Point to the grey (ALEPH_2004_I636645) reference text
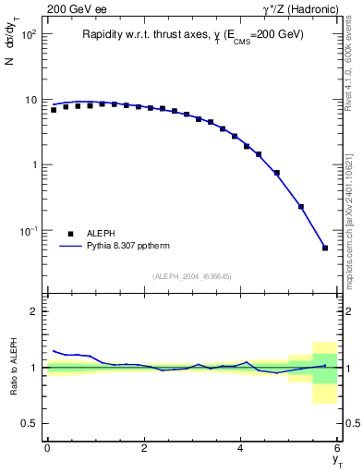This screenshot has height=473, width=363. click(192, 276)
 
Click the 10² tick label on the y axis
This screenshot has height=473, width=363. click(28, 34)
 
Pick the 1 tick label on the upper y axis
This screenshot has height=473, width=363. click(32, 164)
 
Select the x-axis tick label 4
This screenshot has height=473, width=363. click(241, 448)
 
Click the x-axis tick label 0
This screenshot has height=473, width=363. click(47, 448)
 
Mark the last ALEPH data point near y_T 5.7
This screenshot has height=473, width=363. click(325, 248)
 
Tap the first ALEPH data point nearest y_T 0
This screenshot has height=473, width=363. click(54, 110)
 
